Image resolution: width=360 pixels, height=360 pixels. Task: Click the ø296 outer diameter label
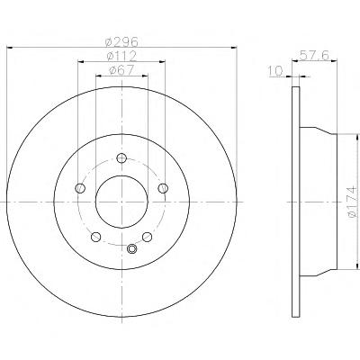pos(121,41)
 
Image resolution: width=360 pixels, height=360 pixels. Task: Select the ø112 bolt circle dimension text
pos(121,56)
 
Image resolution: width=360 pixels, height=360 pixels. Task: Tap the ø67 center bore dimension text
pos(121,70)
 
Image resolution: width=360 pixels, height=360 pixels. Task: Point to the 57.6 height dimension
pos(315,55)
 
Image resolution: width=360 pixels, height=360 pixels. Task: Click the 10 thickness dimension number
pos(276,71)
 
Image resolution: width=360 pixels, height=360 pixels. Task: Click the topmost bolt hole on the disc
pos(121,157)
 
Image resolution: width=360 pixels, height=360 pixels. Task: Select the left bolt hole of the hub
pos(80,188)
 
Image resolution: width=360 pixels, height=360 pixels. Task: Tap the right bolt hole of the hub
pos(163,188)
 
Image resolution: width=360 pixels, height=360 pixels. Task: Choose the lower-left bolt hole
pos(95,237)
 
